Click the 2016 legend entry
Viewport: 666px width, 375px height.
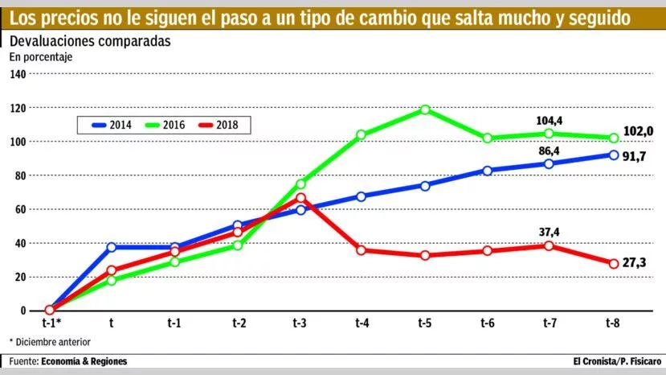point(165,125)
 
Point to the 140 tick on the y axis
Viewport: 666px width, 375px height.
point(17,74)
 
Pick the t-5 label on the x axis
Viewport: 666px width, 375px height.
point(425,323)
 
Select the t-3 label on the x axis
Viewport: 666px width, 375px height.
point(300,323)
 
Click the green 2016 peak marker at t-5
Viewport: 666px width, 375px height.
point(425,109)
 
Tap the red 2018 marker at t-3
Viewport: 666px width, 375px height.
point(300,197)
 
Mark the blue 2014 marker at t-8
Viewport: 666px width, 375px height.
point(614,155)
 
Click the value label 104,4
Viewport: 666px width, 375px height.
point(550,121)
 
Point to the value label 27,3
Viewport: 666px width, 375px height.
point(639,262)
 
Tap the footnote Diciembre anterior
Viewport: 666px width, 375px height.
point(51,342)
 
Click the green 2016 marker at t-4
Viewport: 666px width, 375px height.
point(362,135)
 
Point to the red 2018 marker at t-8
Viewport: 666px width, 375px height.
point(614,264)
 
